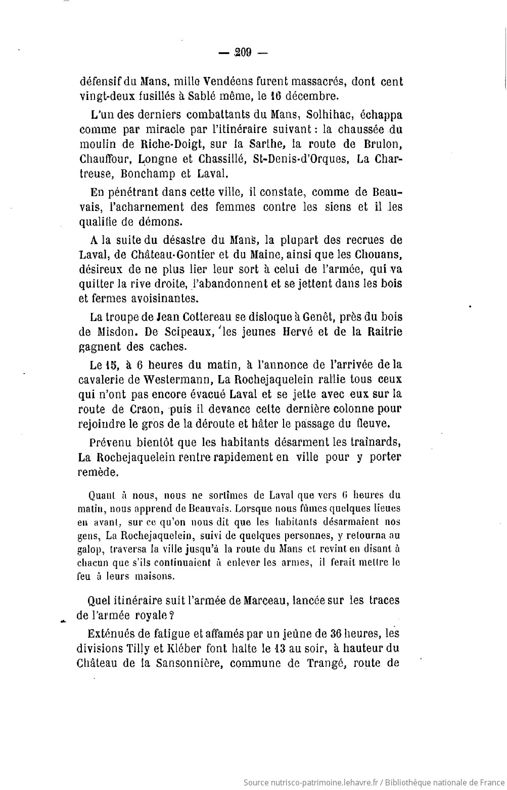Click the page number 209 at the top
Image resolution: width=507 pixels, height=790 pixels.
[243, 52]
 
